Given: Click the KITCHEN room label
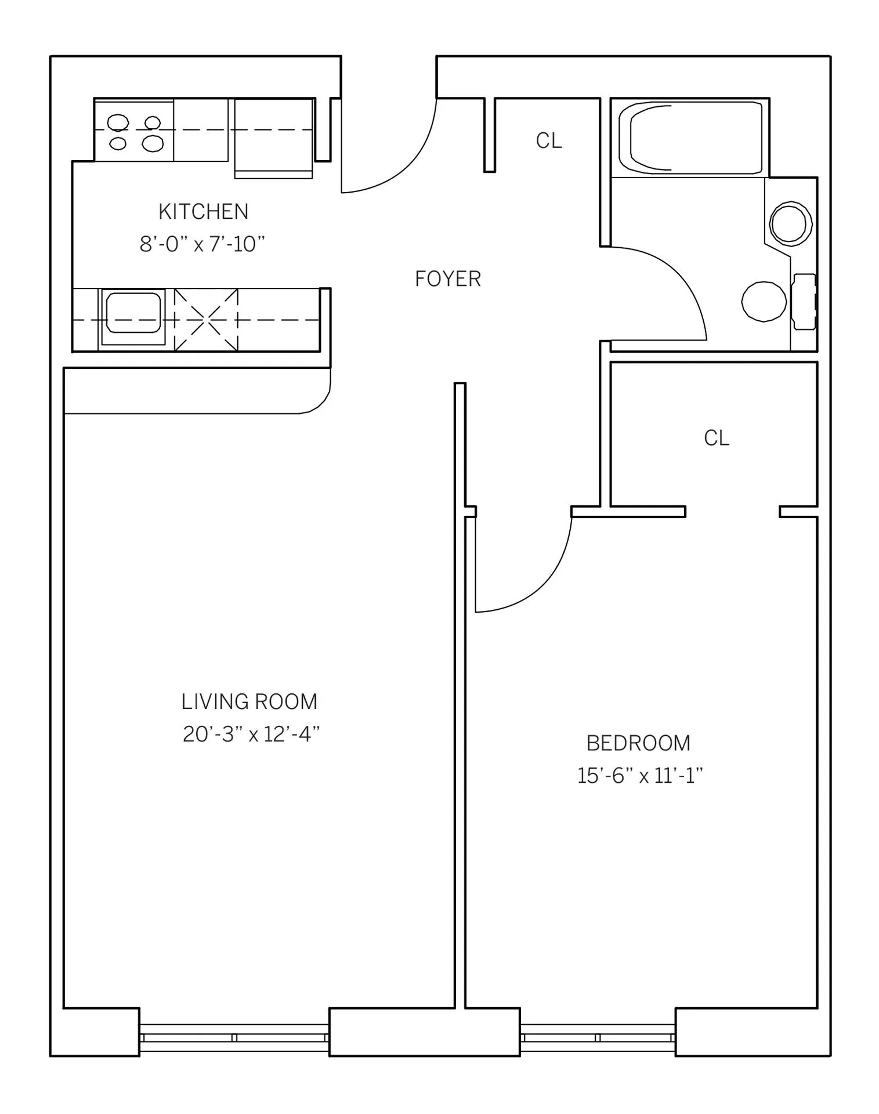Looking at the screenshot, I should [x=203, y=212].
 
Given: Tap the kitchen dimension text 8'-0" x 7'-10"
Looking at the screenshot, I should [x=202, y=244].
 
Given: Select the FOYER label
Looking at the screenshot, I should [x=448, y=279].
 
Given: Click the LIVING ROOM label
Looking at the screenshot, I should [x=249, y=702].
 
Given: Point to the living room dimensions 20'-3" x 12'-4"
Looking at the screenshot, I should [x=251, y=735].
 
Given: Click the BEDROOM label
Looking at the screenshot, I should [x=638, y=743].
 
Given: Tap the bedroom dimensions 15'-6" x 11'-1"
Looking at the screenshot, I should [x=640, y=776].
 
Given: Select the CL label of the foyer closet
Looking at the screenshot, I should [x=549, y=140].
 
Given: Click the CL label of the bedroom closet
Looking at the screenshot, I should [x=717, y=438].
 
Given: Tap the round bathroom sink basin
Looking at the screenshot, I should [x=790, y=223].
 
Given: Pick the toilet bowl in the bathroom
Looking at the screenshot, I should [x=764, y=301].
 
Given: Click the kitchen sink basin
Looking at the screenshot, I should [x=133, y=312].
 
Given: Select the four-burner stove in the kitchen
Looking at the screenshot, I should [x=135, y=131].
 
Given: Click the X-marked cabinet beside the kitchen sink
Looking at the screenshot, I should [x=207, y=320].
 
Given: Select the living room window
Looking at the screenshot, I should [x=234, y=1037].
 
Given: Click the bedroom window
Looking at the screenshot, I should [x=598, y=1037].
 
